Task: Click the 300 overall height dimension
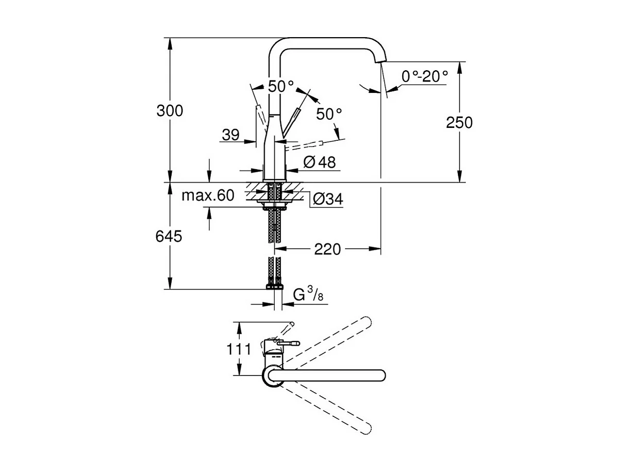[x=170, y=110]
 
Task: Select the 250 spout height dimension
[x=459, y=122]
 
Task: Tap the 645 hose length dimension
[x=170, y=236]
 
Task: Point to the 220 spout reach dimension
[x=327, y=250]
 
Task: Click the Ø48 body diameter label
[x=319, y=163]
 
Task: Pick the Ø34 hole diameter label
[x=328, y=199]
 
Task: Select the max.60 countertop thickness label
[x=208, y=196]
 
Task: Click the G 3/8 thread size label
[x=308, y=295]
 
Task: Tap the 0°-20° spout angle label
[x=424, y=76]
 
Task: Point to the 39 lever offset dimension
[x=230, y=135]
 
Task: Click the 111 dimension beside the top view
[x=239, y=349]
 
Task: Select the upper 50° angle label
[x=280, y=86]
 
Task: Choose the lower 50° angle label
[x=329, y=114]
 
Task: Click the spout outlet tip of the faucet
[x=380, y=62]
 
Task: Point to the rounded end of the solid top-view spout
[x=381, y=376]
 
